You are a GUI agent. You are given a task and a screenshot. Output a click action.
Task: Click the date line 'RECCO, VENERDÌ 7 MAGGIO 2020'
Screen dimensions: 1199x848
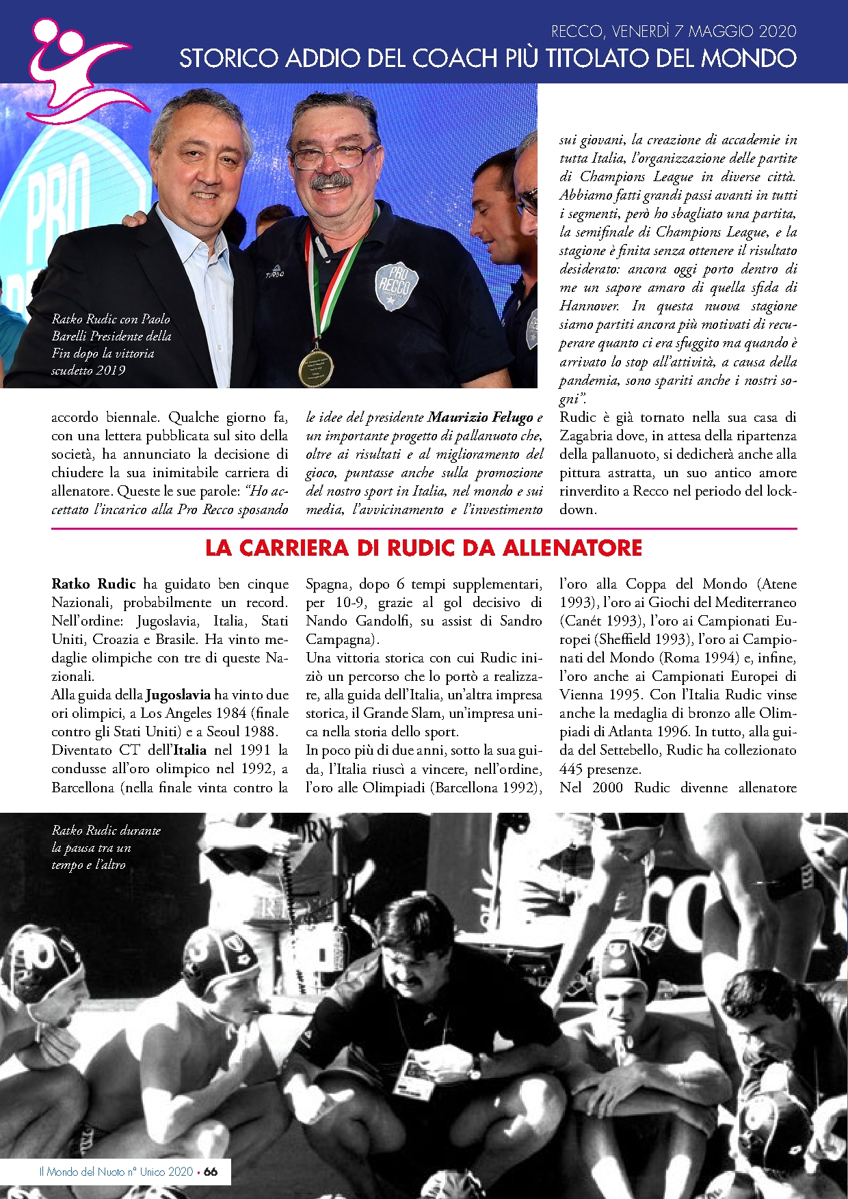click(x=673, y=31)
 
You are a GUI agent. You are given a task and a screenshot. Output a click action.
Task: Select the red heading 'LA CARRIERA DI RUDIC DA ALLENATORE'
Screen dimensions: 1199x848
click(x=424, y=548)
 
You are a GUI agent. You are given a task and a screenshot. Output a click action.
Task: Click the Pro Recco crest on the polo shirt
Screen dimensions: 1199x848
click(x=397, y=284)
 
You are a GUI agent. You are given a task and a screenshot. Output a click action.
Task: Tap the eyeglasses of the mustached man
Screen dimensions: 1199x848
click(x=335, y=154)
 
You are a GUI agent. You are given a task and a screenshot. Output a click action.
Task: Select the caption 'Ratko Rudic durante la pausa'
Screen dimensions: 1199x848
click(x=106, y=847)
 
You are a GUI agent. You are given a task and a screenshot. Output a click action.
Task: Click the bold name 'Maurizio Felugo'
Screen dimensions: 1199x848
click(x=480, y=417)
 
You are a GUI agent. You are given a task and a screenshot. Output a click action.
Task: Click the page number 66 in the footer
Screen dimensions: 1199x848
click(x=211, y=1171)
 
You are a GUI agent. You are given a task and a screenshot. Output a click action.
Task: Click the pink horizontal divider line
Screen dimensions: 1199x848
click(x=424, y=528)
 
